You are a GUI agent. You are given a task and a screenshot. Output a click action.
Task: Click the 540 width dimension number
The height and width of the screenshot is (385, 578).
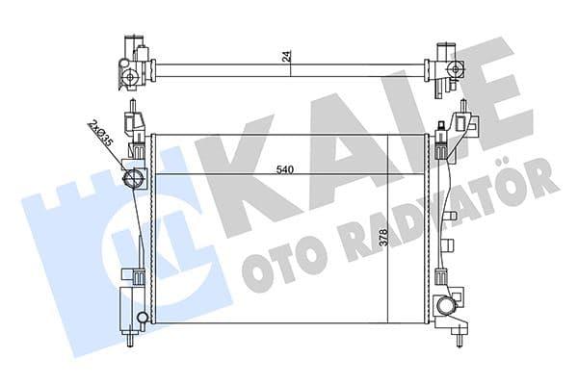pos(283,170)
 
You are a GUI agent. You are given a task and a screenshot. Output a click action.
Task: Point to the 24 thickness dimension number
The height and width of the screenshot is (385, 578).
pos(286,56)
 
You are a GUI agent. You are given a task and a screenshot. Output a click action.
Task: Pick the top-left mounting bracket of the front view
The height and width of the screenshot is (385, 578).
pos(137,123)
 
